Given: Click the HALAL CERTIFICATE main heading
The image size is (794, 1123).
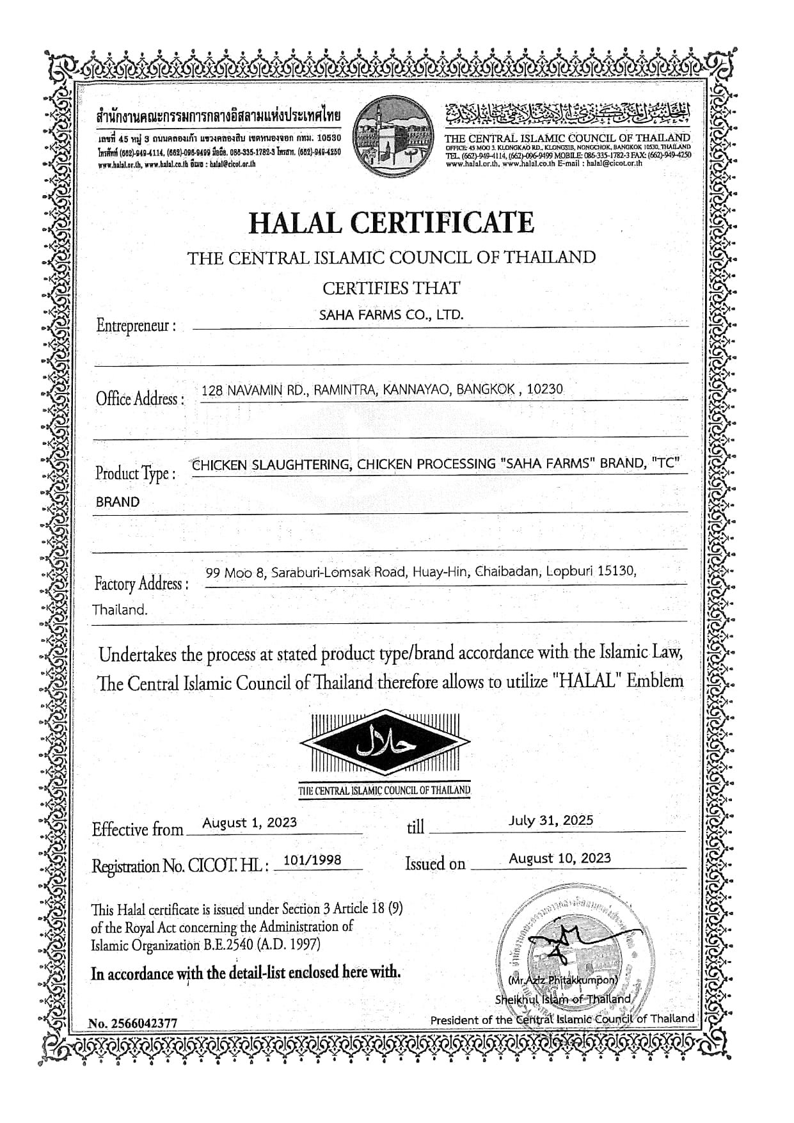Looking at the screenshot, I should [x=390, y=223].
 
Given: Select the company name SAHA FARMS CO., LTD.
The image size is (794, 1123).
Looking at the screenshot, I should [x=391, y=315].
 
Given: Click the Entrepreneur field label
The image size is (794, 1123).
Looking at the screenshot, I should [x=135, y=325].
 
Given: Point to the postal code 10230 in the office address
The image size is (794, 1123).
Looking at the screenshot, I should [x=544, y=388].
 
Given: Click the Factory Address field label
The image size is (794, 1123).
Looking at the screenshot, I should [x=141, y=584].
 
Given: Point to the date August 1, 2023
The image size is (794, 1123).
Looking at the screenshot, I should [x=250, y=822].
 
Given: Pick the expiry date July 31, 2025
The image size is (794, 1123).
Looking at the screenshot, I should [x=551, y=820].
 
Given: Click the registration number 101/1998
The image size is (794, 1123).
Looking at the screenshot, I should [x=312, y=860].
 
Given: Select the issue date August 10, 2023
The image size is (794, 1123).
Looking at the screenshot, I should [x=560, y=858].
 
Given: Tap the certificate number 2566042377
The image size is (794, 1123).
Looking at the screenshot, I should [x=144, y=1023].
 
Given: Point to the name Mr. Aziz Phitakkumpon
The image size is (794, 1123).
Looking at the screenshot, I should [x=563, y=980].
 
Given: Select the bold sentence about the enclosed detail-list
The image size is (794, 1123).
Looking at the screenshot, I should [x=246, y=973].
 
